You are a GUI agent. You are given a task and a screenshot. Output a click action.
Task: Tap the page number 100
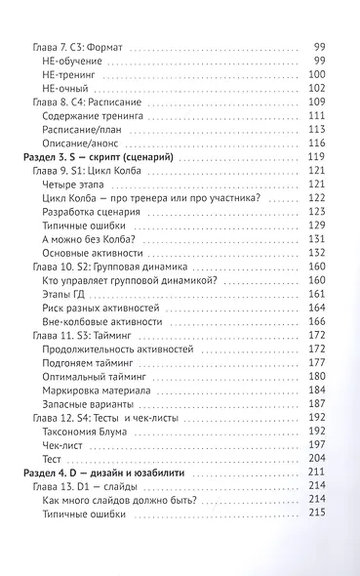pos(318,74)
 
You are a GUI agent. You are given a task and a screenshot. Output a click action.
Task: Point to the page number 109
pos(318,102)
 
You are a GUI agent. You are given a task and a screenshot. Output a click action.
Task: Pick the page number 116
pos(318,143)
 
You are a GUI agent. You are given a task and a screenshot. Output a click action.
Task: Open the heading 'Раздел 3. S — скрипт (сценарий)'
pos(101,157)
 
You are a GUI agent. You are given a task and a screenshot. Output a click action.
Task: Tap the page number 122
pos(318,197)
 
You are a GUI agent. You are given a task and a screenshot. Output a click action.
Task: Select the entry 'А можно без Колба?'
pos(96,238)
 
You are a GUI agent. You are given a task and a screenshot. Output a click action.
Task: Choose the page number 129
pos(318,225)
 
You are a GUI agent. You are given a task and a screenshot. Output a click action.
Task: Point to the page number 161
pos(318,293)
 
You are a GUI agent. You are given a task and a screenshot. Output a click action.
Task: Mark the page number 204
pos(318,457)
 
